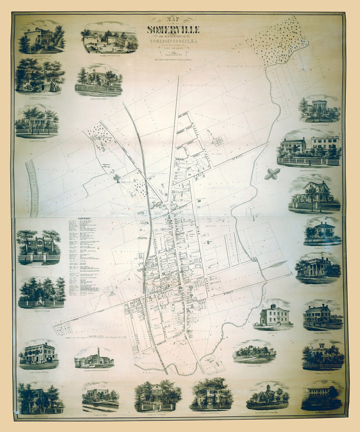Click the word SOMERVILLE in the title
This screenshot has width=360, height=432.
173,30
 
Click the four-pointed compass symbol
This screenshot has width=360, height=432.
273,174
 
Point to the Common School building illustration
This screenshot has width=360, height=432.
274,315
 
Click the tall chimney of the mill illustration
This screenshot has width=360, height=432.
98,354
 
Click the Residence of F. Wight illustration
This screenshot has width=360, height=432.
254,353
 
